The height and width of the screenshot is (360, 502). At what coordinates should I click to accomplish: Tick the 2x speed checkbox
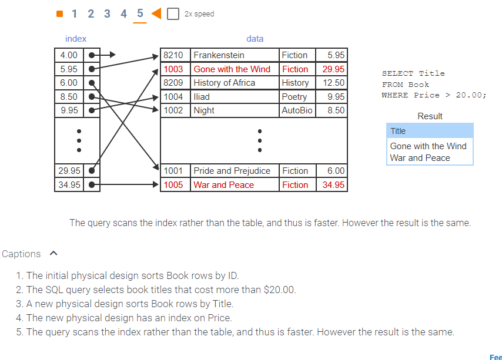pyautogui.click(x=173, y=14)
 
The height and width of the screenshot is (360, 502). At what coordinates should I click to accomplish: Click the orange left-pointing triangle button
pyautogui.click(x=156, y=14)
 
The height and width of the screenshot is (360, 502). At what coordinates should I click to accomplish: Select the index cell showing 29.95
pyautogui.click(x=69, y=171)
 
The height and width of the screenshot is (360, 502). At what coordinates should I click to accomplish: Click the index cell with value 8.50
pyautogui.click(x=69, y=97)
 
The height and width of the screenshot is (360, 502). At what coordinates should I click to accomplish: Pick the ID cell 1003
pyautogui.click(x=173, y=69)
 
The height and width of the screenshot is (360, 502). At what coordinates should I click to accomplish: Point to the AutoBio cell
pyautogui.click(x=297, y=110)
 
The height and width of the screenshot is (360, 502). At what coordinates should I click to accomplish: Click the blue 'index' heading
pyautogui.click(x=76, y=39)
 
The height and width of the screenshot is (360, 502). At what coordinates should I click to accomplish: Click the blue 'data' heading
pyautogui.click(x=255, y=39)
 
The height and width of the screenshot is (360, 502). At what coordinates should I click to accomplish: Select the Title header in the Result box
pyautogui.click(x=398, y=131)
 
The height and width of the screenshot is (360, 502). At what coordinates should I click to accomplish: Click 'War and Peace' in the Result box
pyautogui.click(x=420, y=158)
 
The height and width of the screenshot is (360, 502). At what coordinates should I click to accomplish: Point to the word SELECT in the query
pyautogui.click(x=397, y=73)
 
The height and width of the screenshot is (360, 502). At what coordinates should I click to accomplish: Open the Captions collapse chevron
pyautogui.click(x=54, y=254)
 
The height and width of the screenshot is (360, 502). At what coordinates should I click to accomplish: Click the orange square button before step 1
pyautogui.click(x=59, y=14)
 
